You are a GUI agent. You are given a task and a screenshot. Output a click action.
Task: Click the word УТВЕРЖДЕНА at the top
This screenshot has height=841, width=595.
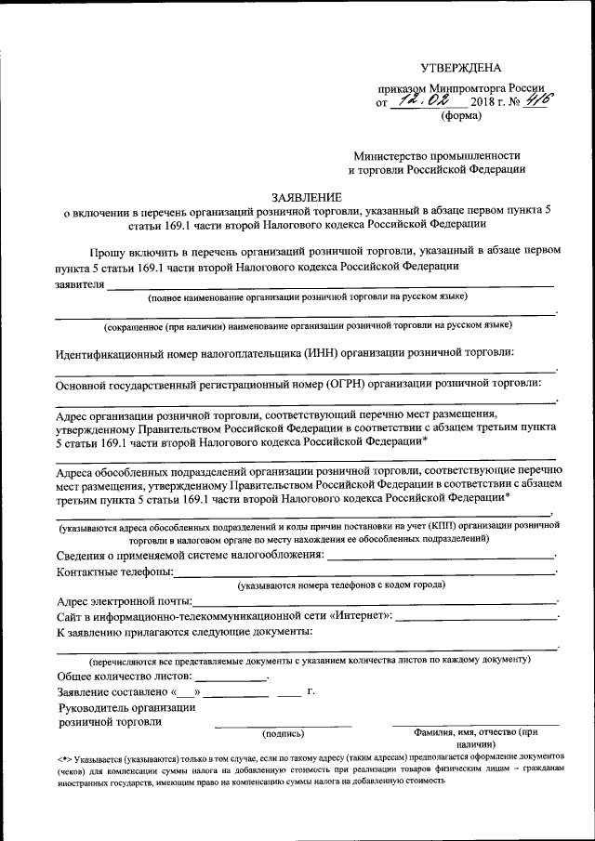pyautogui.click(x=460, y=68)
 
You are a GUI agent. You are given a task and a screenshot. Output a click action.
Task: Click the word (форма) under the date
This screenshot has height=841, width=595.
pyautogui.click(x=460, y=116)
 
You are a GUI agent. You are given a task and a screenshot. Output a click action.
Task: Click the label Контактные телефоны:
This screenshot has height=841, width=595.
pyautogui.click(x=114, y=571)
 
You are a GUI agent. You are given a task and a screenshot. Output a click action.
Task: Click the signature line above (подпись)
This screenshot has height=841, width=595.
pyautogui.click(x=284, y=725)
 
